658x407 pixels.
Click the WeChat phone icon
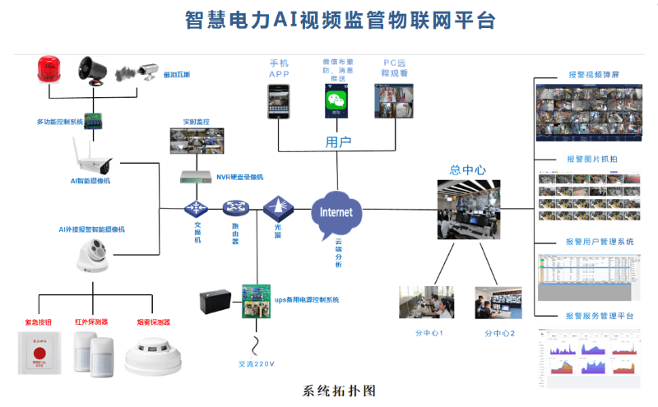pyautogui.click(x=334, y=100)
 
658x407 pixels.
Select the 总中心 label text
pyautogui.click(x=467, y=170)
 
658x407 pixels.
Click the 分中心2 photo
pyautogui.click(x=498, y=302)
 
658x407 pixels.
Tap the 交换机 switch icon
pyautogui.click(x=196, y=208)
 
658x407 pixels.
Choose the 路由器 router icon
pyautogui.click(x=236, y=208)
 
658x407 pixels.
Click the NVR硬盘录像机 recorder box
pyautogui.click(x=195, y=177)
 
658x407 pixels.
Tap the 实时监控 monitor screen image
pyautogui.click(x=196, y=141)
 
